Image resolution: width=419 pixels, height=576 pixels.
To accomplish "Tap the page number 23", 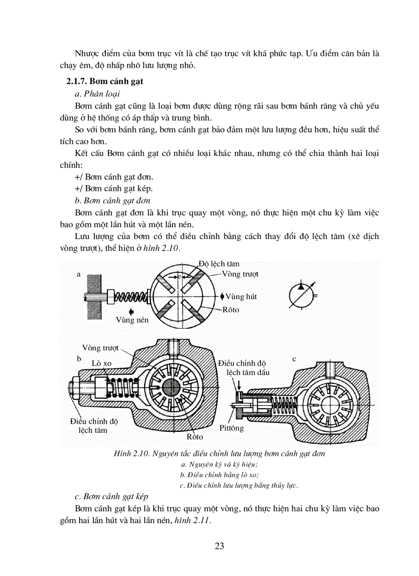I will coord(219,545).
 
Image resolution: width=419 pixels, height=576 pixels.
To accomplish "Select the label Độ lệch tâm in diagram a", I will coord(219,264).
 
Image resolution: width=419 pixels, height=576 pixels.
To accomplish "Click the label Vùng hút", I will coord(240,296).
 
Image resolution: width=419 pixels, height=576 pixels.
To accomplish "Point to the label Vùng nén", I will coord(132,320).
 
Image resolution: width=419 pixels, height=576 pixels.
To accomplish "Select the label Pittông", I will coord(232,428).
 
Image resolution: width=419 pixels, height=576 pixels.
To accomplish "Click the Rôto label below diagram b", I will coord(195,437).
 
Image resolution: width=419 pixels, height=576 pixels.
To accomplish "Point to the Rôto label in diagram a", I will coord(231,310).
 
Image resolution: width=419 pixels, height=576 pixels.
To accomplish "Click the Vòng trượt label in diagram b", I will coord(100,348).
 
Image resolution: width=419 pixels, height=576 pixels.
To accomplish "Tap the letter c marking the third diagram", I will coord(294,359).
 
